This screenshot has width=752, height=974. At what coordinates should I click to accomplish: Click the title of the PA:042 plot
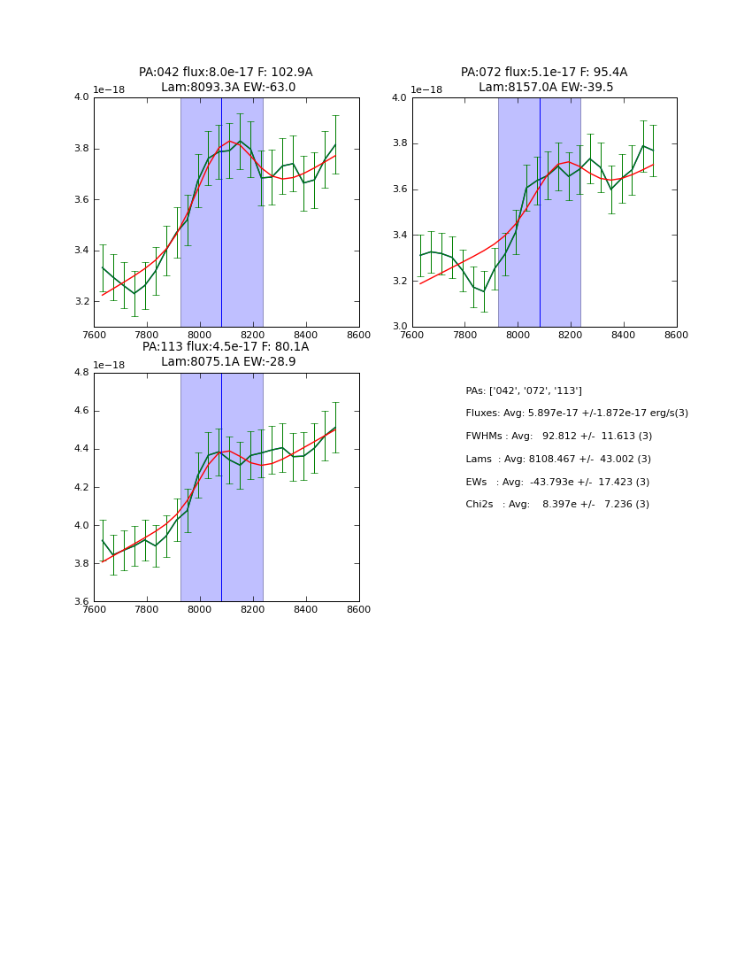click(226, 80)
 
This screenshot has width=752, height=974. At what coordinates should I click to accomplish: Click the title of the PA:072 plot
click(544, 80)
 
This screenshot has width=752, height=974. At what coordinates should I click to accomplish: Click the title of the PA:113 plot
click(226, 354)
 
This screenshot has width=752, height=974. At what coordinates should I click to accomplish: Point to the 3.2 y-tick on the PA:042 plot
click(81, 302)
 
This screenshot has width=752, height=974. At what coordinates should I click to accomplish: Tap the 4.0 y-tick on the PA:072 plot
click(400, 97)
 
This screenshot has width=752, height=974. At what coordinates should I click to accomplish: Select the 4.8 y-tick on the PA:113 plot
click(81, 373)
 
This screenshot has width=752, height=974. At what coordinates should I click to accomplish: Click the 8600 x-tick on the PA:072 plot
click(677, 335)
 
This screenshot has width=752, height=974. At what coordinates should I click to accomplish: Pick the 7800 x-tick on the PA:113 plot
click(147, 609)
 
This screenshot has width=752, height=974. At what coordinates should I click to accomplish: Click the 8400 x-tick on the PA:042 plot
click(306, 335)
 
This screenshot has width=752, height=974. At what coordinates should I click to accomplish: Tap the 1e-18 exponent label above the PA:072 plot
click(426, 90)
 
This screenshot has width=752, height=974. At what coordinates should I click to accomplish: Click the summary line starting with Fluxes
click(577, 414)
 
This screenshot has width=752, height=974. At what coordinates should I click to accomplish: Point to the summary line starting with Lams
click(558, 460)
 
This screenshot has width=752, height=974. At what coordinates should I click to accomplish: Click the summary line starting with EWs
click(558, 482)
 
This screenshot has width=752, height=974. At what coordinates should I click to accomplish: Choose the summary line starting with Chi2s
click(557, 505)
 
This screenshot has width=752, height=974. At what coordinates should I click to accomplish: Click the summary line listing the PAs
click(524, 390)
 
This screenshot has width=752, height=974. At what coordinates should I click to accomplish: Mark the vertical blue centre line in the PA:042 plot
click(221, 213)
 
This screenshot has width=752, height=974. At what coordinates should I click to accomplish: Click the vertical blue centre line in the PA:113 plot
click(221, 487)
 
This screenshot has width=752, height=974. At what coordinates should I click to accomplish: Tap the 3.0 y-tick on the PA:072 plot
click(400, 327)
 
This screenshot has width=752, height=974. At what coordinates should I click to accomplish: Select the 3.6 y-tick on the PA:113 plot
click(81, 601)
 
